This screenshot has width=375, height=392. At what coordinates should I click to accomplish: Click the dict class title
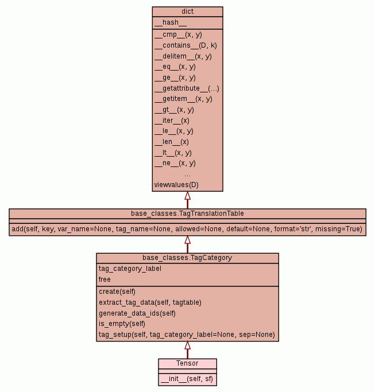(x=187, y=11)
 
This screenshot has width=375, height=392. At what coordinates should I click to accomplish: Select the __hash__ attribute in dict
(x=170, y=23)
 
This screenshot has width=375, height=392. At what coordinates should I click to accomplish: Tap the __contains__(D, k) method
(x=185, y=45)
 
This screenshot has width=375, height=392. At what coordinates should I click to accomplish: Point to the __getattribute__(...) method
(x=187, y=88)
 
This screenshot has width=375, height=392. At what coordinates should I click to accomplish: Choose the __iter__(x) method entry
(x=172, y=121)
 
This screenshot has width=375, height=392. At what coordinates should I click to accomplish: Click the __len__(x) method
(x=171, y=142)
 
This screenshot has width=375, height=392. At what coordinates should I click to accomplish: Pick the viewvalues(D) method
(x=176, y=185)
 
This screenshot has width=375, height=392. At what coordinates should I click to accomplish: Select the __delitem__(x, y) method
(x=183, y=56)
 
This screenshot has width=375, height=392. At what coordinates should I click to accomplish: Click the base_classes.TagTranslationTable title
(x=187, y=214)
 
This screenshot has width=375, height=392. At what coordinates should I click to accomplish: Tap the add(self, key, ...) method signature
(x=187, y=229)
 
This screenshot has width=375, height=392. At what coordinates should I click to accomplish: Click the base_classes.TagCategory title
(x=187, y=258)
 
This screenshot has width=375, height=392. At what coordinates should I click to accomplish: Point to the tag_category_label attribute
(x=130, y=269)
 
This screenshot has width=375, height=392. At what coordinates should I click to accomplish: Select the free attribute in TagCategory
(x=105, y=280)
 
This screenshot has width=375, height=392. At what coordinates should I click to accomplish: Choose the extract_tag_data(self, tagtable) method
(x=150, y=302)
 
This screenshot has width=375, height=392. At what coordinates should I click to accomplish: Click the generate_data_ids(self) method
(x=137, y=313)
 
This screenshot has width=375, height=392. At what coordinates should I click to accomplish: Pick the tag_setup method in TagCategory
(x=187, y=335)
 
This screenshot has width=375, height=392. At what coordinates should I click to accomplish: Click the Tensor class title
(x=187, y=363)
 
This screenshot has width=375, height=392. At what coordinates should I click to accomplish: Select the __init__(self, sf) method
(x=187, y=379)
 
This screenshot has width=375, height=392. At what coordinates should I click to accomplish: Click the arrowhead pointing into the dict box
(x=187, y=196)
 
